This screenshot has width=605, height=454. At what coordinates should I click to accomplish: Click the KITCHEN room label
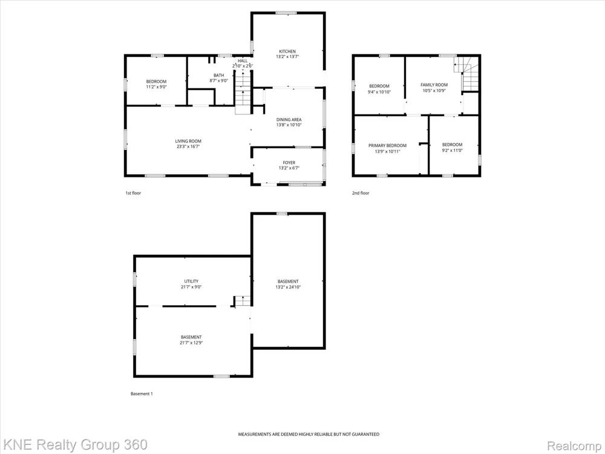pos(287,51)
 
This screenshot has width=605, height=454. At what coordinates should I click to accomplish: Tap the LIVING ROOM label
pos(188,141)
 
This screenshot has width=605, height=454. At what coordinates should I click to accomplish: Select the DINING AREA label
pos(289,120)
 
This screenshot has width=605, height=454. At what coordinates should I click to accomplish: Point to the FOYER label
pos(289,163)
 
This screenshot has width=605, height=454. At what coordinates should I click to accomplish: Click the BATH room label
pos(219,75)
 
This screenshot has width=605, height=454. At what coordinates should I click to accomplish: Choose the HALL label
pos(243,61)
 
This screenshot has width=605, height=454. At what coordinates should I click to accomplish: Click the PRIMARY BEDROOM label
pos(387,145)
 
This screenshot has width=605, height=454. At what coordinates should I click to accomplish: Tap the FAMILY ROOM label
pos(434,85)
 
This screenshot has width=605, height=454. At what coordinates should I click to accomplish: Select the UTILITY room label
pos(191,281)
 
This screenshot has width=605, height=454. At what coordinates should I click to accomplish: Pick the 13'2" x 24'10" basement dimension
pos(288,287)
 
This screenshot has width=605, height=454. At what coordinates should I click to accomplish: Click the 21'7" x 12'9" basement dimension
pos(191,343)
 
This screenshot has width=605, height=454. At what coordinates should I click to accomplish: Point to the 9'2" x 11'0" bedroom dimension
pos(452,151)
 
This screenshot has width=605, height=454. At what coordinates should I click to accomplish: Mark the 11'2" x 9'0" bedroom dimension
pos(156,87)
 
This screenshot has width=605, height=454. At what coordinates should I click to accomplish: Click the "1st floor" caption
pos(133,193)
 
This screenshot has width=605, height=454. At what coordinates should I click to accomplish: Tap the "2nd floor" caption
pos(361,193)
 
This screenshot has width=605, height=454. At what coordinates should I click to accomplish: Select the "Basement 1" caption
pos(142,394)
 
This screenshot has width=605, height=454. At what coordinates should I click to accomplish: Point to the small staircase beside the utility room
pos(243,301)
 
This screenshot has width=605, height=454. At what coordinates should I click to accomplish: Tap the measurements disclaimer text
pos(309,434)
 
